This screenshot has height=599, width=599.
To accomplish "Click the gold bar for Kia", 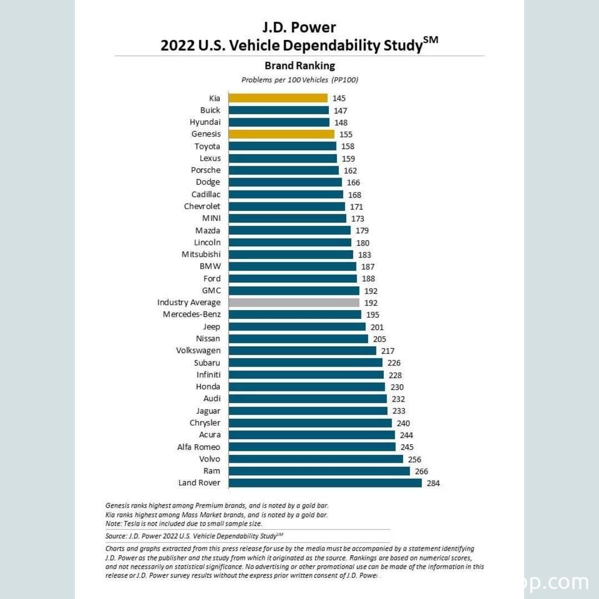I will (x=278, y=98).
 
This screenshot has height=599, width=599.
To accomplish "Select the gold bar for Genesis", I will (x=281, y=134).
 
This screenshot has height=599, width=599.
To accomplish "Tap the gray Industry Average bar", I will (x=294, y=303).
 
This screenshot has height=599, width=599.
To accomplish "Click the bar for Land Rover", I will (x=325, y=483).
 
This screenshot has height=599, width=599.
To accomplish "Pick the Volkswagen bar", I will (x=302, y=351).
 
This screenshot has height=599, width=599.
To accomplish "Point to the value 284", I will (x=433, y=484).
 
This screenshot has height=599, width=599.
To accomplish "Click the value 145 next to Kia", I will (x=339, y=99).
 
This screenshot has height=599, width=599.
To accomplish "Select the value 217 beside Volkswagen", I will (x=388, y=351).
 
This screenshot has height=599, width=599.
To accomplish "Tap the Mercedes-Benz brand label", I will (x=191, y=314).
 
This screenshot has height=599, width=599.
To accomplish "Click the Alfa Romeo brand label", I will (x=199, y=447).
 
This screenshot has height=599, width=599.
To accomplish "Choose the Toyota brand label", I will (x=207, y=146).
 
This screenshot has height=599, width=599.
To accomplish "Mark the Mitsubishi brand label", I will (x=201, y=255).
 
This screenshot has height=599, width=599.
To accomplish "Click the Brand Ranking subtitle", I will (x=299, y=65).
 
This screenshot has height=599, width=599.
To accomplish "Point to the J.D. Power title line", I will (x=299, y=27).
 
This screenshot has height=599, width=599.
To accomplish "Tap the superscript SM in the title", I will (x=431, y=40).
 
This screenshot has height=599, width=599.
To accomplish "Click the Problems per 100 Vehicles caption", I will (x=299, y=80).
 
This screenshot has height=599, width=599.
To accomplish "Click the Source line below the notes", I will (x=194, y=536).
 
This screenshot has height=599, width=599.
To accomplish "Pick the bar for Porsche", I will (x=283, y=170).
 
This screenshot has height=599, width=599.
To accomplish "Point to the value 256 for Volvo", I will (x=414, y=459).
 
